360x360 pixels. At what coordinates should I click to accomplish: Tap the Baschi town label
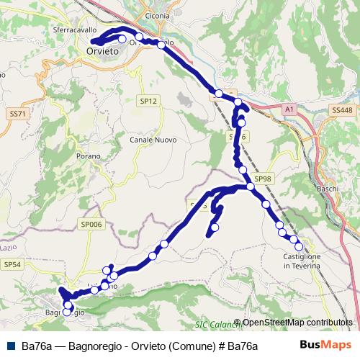[328, 189]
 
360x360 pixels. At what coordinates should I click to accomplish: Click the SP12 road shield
[148, 102]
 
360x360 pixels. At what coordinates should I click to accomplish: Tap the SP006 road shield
[92, 225]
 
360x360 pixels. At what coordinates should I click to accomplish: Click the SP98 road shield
[264, 179]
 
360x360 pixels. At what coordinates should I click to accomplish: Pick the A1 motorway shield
[289, 109]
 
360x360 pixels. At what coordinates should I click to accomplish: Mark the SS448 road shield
[343, 109]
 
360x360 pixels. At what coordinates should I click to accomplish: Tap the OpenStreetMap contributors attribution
[297, 323]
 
